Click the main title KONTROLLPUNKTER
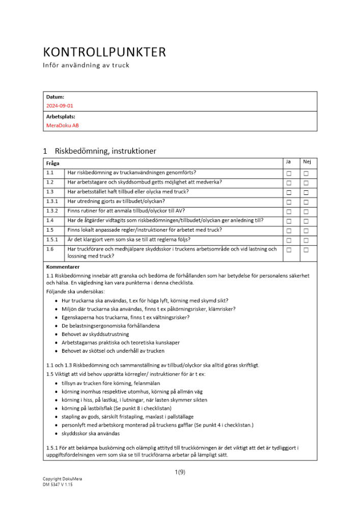(104, 52)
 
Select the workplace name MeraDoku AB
(63, 125)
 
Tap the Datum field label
(55, 97)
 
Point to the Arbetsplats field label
(61, 116)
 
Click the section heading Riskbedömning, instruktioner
(105, 151)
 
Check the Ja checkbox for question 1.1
(289, 174)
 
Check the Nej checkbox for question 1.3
(307, 193)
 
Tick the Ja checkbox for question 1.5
(289, 231)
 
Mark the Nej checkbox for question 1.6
(307, 250)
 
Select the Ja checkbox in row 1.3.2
(289, 212)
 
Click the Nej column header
(307, 162)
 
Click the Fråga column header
(52, 163)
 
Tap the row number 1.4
(50, 220)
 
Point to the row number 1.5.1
(52, 240)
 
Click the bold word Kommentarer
(63, 267)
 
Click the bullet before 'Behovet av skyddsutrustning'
(56, 334)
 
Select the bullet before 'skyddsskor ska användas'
(56, 434)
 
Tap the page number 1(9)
(180, 473)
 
